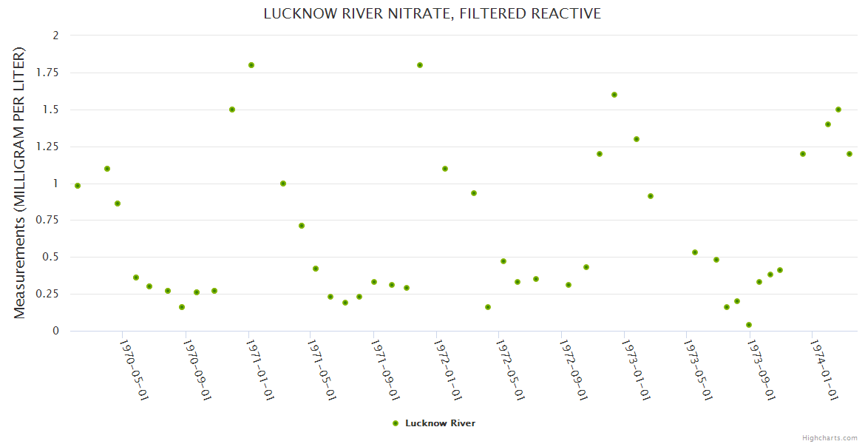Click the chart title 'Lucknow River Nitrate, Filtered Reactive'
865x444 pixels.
(x=432, y=14)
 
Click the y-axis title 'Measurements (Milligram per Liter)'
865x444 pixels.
(x=20, y=183)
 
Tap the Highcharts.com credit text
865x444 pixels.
(x=830, y=437)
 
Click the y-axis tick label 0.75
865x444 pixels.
(x=50, y=221)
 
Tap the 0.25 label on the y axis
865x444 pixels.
(x=50, y=295)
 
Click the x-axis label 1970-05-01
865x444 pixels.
(x=134, y=370)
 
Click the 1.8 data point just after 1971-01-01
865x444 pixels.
(x=251, y=65)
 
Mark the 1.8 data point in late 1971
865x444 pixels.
(x=420, y=65)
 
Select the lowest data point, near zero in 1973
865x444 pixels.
(x=749, y=325)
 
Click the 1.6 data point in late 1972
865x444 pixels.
(x=614, y=95)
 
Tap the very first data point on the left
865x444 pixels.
(x=78, y=186)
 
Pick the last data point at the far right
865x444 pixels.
(x=849, y=154)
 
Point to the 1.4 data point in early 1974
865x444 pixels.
(x=828, y=124)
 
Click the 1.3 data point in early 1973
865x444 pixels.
(x=637, y=139)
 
